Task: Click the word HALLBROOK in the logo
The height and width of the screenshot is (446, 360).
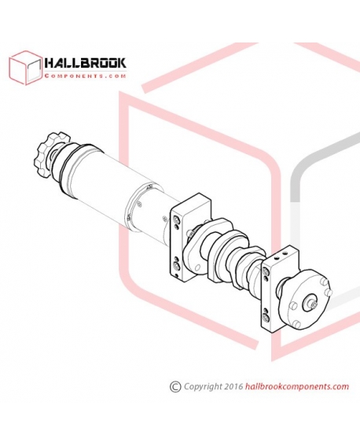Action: pyautogui.click(x=85, y=63)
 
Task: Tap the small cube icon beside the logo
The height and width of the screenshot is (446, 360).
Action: pyautogui.click(x=26, y=68)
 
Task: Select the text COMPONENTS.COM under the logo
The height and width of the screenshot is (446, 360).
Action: pyautogui.click(x=85, y=76)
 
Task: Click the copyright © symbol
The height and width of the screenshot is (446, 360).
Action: pyautogui.click(x=175, y=386)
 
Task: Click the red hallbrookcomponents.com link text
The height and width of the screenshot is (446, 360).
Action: pyautogui.click(x=297, y=386)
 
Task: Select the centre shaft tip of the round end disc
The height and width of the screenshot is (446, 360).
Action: pyautogui.click(x=314, y=305)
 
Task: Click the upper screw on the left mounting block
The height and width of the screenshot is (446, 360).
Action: pyautogui.click(x=176, y=220)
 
